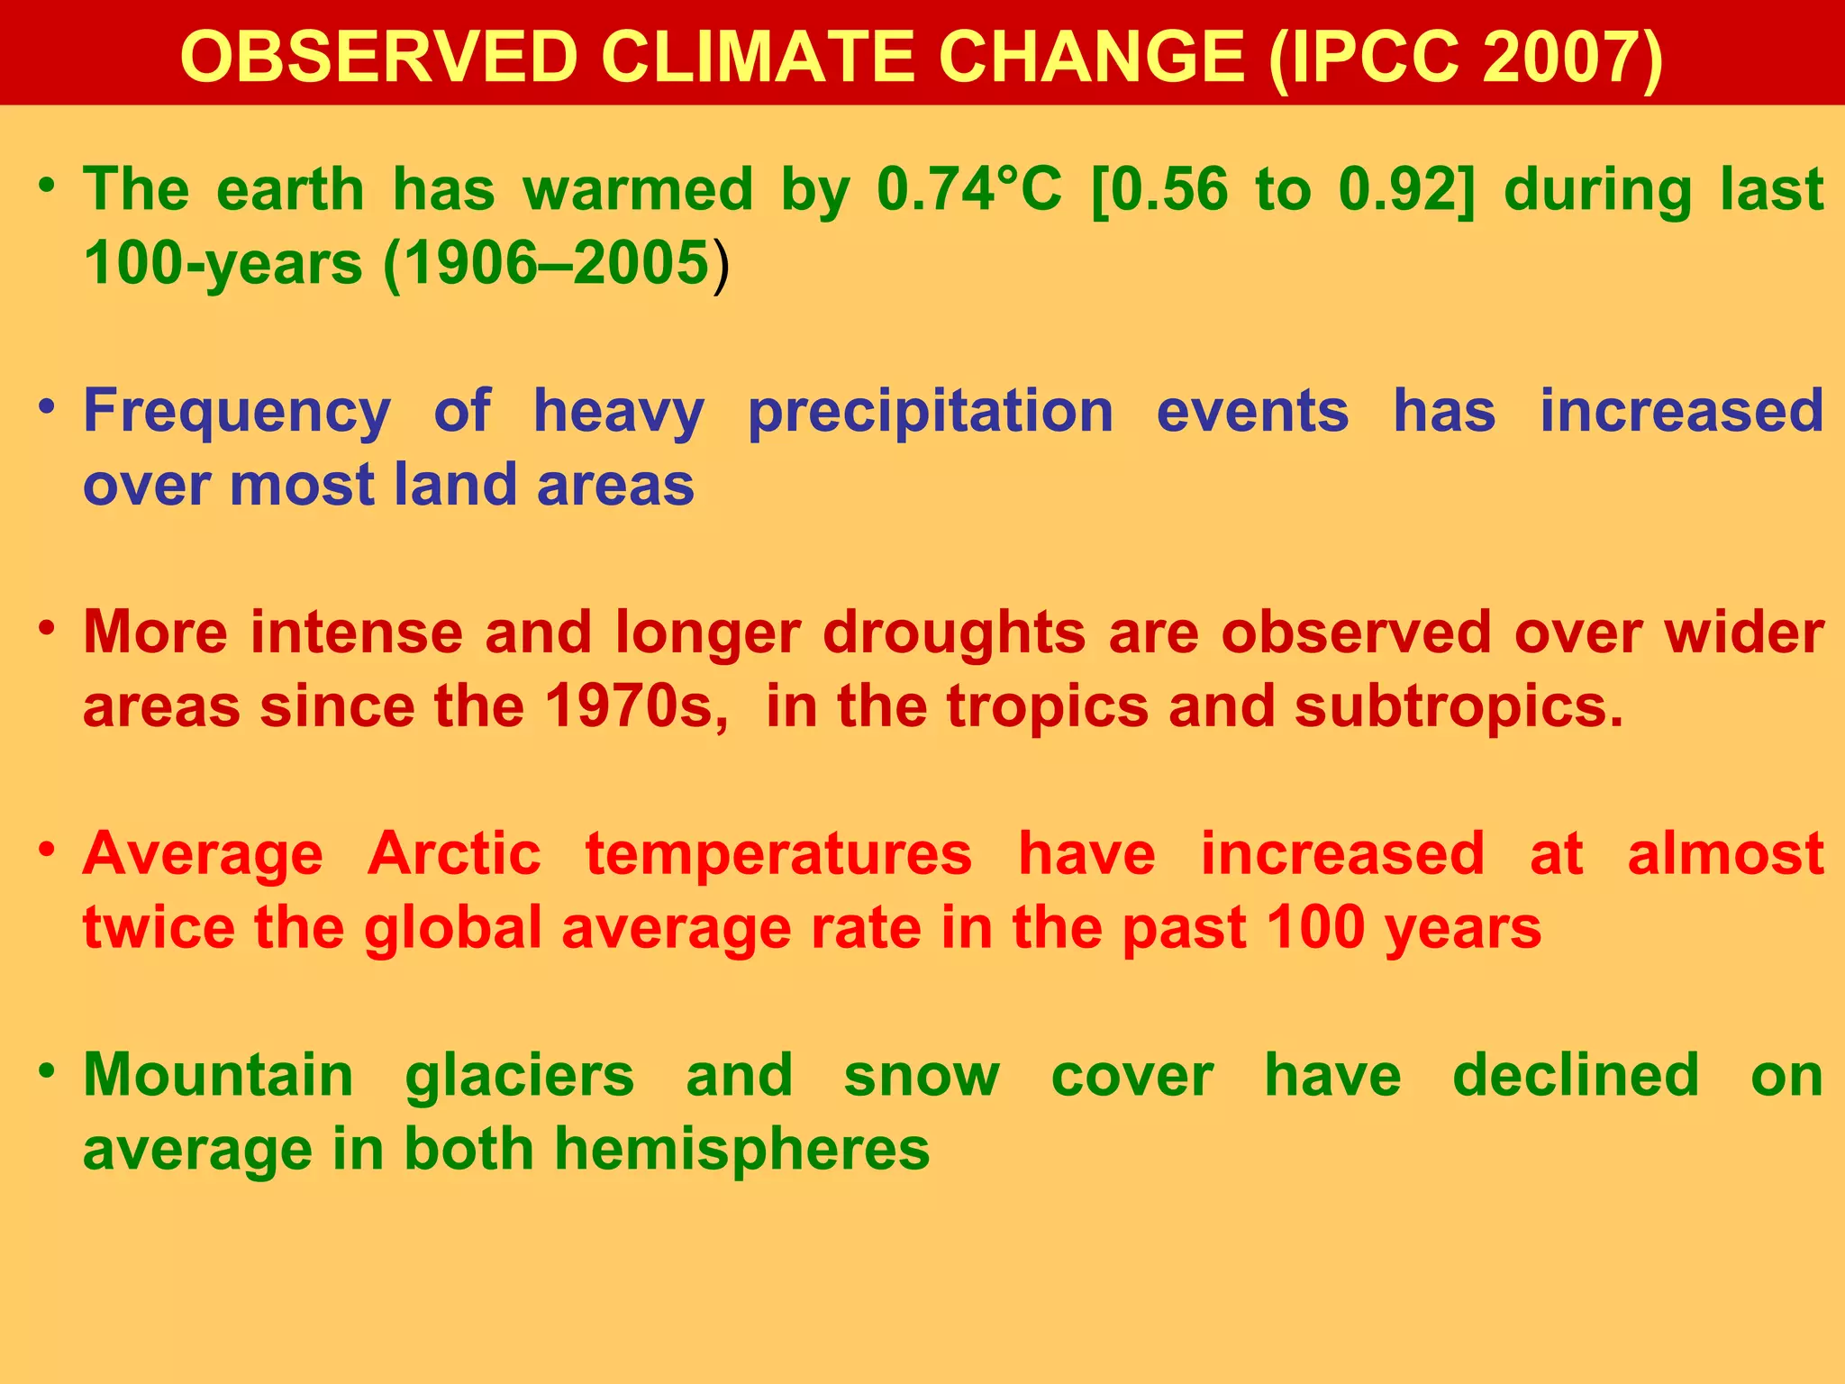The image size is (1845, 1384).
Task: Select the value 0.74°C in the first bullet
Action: click(x=969, y=190)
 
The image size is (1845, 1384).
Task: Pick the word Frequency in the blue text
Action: click(x=237, y=412)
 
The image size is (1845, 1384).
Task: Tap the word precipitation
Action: click(x=931, y=412)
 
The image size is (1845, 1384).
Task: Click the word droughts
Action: click(x=954, y=633)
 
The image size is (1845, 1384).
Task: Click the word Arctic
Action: click(x=454, y=854)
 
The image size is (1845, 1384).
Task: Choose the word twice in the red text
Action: click(x=158, y=928)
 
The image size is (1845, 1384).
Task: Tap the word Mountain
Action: click(x=218, y=1076)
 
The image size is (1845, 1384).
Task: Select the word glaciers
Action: click(x=520, y=1076)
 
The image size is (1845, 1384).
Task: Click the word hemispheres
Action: click(x=741, y=1150)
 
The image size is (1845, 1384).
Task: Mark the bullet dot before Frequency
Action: click(x=48, y=407)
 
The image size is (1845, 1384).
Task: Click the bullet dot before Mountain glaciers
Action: click(x=48, y=1071)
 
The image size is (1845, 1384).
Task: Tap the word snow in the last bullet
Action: click(x=922, y=1076)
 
